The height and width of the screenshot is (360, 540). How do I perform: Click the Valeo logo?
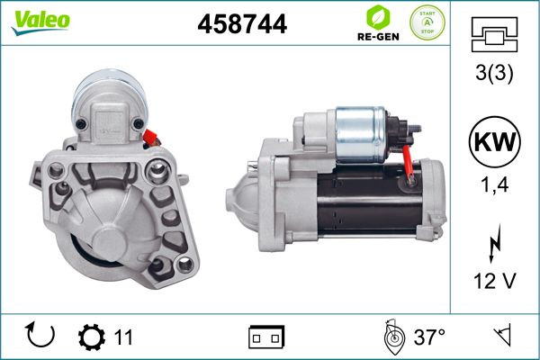click(40, 22)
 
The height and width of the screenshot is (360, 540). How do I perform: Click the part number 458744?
click(242, 23)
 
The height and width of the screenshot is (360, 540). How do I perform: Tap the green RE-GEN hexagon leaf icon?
click(378, 17)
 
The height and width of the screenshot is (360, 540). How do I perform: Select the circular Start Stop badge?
click(427, 22)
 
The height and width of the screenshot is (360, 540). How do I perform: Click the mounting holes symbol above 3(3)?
click(494, 34)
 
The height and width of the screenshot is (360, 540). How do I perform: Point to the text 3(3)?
click(494, 73)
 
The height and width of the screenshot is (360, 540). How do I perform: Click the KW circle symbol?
click(494, 141)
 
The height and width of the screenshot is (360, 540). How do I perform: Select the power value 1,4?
click(494, 185)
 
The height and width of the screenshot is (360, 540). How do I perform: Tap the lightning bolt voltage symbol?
click(494, 243)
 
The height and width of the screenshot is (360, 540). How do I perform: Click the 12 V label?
click(494, 281)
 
